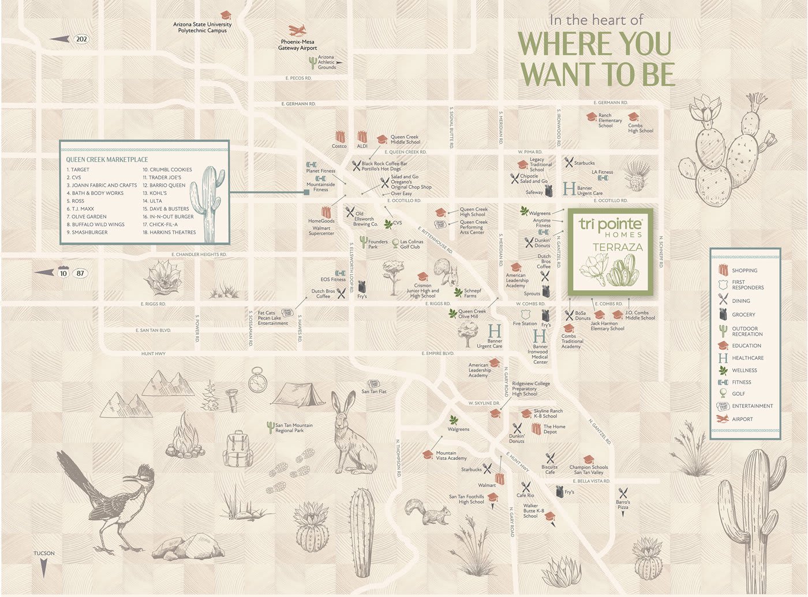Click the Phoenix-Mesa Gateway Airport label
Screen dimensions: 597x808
tap(297, 45)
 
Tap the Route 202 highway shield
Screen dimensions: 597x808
tap(81, 39)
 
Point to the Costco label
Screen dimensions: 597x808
tap(339, 147)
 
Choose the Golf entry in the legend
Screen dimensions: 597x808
tap(738, 394)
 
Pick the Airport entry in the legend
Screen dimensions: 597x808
tap(742, 419)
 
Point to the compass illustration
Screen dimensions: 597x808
tap(257, 381)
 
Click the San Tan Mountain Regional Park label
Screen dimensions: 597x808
tap(294, 428)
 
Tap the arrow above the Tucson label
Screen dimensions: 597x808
tap(44, 569)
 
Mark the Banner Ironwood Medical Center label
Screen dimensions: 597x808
tap(540, 354)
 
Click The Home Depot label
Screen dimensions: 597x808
tap(554, 429)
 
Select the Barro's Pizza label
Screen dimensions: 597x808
tap(623, 505)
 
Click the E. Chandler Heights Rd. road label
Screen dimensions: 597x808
tap(199, 254)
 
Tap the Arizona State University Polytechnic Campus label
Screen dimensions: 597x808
tap(202, 27)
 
